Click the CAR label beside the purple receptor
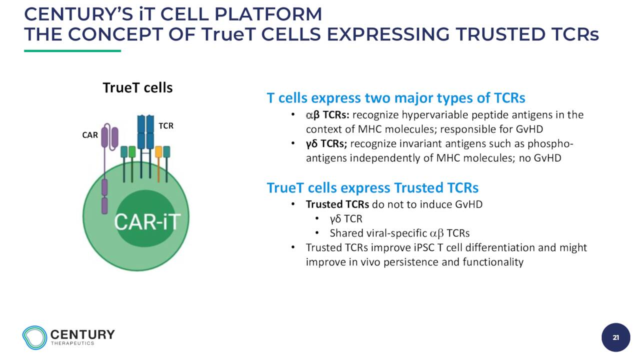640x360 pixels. [x=90, y=135]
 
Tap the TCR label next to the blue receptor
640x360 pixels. [x=166, y=125]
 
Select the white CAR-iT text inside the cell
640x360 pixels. [x=147, y=221]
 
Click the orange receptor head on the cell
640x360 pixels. [x=158, y=151]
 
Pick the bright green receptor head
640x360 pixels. [x=132, y=151]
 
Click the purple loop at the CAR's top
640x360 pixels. [x=109, y=137]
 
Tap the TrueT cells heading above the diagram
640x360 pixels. [x=137, y=87]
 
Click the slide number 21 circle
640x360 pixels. [x=615, y=337]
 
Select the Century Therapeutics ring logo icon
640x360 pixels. [x=34, y=337]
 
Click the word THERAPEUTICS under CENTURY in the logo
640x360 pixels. [x=72, y=343]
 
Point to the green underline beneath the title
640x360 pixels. [x=72, y=51]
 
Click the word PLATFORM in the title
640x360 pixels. [x=268, y=14]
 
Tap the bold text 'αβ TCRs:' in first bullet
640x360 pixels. [x=327, y=115]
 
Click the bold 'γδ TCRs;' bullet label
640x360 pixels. [x=326, y=143]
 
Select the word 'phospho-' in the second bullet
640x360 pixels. [x=550, y=144]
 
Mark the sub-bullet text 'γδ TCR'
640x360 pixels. [x=346, y=219]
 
